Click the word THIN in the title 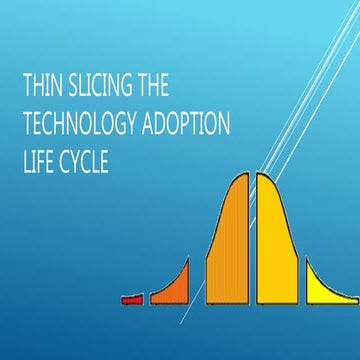pyautogui.click(x=42, y=87)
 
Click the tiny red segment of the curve pyautogui.click(x=132, y=298)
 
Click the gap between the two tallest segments pyautogui.click(x=252, y=240)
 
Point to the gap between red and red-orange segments pyautogui.click(x=147, y=298)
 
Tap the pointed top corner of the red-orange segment pyautogui.click(x=188, y=257)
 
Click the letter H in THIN pyautogui.click(x=38, y=87)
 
